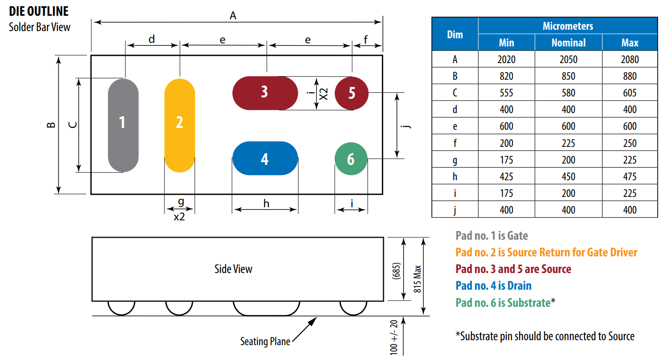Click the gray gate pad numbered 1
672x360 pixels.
(x=123, y=125)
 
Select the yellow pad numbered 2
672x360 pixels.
(x=179, y=125)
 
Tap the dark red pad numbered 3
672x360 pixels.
(x=265, y=93)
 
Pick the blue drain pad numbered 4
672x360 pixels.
(x=265, y=158)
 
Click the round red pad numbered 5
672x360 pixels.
(x=351, y=93)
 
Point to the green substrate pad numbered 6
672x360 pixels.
(x=351, y=159)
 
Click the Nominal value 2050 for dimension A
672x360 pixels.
(x=568, y=59)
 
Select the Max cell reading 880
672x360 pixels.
(x=630, y=76)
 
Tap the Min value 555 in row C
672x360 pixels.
(x=506, y=93)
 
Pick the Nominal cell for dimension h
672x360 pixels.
(x=568, y=177)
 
